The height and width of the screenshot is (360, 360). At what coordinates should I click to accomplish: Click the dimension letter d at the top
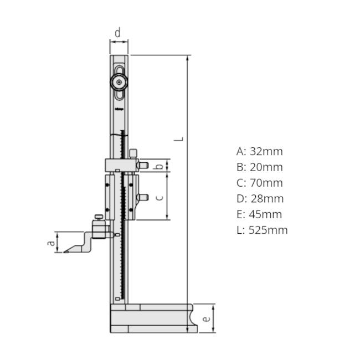117,33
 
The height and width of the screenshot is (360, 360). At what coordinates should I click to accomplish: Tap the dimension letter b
159,165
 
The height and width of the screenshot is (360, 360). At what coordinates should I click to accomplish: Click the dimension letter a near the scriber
50,242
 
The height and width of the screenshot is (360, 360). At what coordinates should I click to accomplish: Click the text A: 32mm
259,151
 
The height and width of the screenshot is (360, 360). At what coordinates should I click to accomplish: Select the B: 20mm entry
259,167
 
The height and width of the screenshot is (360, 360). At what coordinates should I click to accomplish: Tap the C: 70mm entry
259,183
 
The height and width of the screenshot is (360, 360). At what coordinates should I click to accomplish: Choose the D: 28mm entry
260,198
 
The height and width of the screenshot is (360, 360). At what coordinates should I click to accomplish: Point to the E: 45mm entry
259,214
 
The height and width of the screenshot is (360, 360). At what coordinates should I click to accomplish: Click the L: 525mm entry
262,230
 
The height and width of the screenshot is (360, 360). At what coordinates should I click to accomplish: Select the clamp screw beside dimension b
143,165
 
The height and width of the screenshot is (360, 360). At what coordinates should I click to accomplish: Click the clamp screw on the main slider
143,197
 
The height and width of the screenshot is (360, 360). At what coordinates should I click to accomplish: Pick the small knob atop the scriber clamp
99,217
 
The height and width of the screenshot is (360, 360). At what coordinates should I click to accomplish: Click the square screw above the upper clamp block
133,153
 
